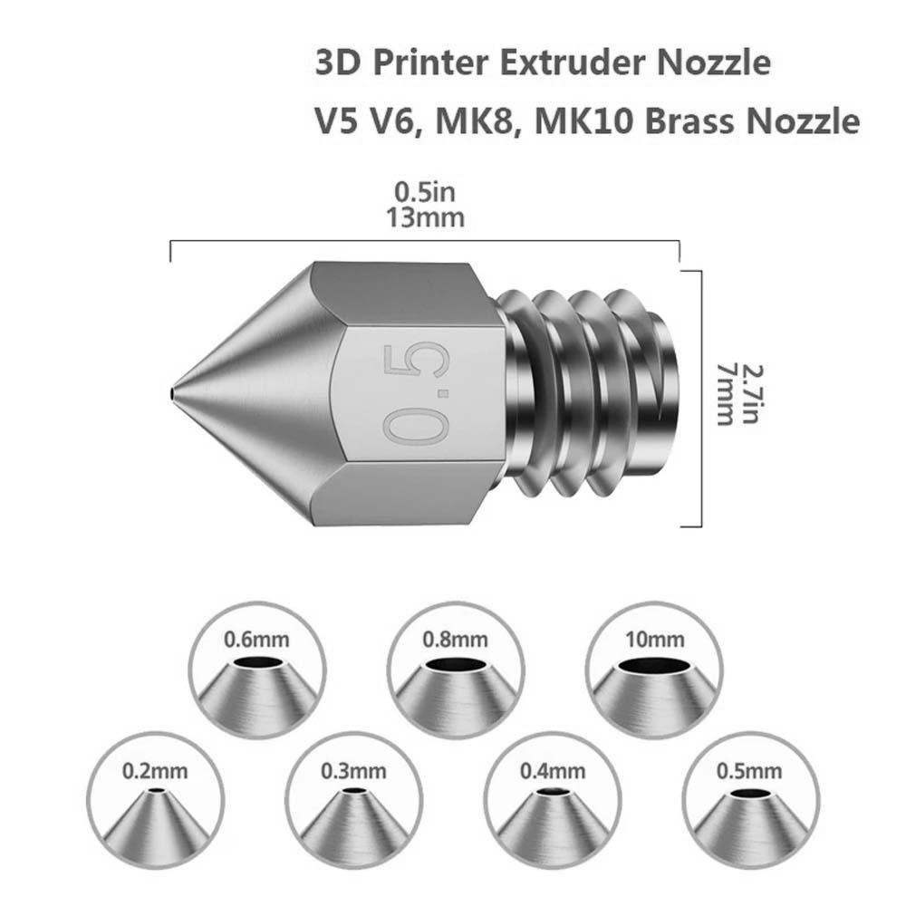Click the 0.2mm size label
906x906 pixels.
coord(155,771)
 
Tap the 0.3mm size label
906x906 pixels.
coord(353,771)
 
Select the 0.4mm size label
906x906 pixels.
coord(553,771)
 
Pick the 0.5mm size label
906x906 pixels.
coord(749,771)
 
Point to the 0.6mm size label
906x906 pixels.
coord(256,640)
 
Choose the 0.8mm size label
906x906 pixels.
coord(456,640)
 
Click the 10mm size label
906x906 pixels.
coord(655,640)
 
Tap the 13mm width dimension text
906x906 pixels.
coord(425,218)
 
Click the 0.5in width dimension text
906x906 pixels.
coord(425,192)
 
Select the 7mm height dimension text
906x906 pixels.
coord(725,394)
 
